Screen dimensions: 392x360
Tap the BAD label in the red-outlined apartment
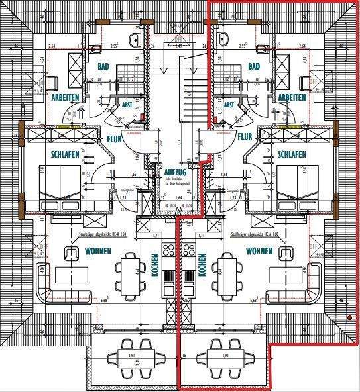[x=253, y=67]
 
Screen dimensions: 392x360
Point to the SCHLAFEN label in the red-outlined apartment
[x=291, y=154]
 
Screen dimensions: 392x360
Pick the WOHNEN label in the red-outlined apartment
[x=259, y=251]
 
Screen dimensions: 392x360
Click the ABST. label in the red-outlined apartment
[x=231, y=105]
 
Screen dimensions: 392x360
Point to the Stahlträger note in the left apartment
[x=109, y=234]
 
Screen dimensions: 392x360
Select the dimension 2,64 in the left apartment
[x=53, y=46]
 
